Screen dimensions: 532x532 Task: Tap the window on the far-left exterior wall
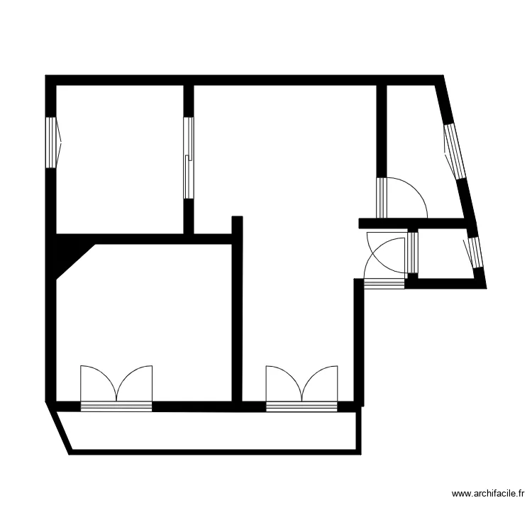[51, 143]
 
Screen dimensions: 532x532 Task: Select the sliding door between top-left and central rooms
[188, 157]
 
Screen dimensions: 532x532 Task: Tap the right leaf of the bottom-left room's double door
[136, 384]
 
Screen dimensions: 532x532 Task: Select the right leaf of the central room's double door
[321, 384]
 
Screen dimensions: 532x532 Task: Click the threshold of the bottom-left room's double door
[116, 406]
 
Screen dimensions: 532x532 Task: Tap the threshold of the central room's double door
[301, 406]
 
